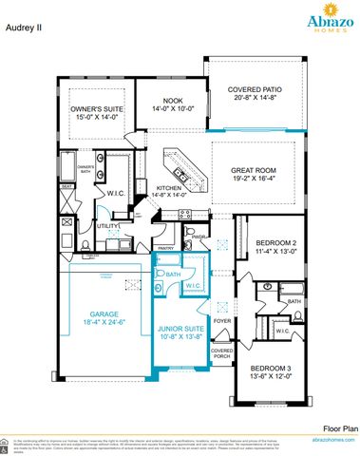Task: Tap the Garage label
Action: point(104,313)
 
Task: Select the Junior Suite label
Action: point(179,330)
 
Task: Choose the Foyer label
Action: point(222,321)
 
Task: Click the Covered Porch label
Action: point(222,353)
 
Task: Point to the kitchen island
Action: point(183,166)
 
